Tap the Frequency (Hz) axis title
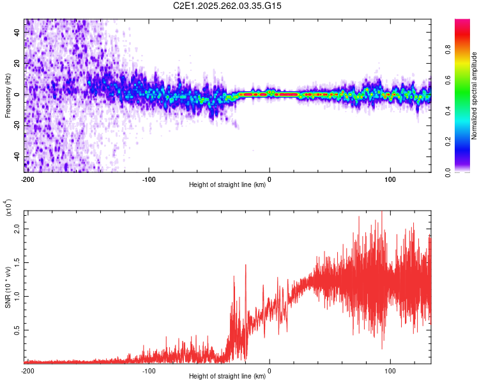[8, 95]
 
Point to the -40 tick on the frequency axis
[18, 156]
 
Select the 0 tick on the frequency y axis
[18, 94]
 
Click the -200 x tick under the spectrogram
[27, 179]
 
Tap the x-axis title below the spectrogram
[227, 185]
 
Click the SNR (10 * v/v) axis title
[8, 285]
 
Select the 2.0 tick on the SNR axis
[18, 229]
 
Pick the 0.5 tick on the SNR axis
[18, 329]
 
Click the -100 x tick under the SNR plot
[149, 370]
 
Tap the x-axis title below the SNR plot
[227, 377]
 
